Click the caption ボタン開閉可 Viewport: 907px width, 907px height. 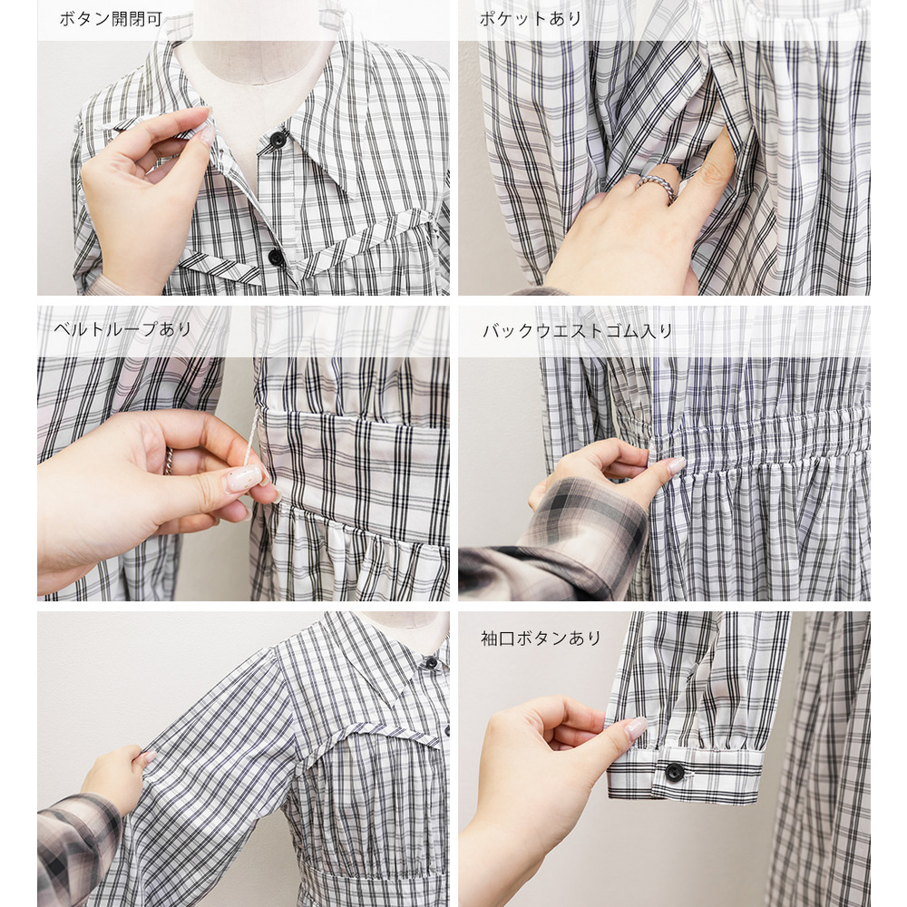tap(111, 19)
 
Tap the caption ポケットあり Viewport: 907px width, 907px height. tap(530, 19)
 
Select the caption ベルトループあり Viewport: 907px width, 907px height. tap(122, 330)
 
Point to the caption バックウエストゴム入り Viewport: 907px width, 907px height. tap(578, 331)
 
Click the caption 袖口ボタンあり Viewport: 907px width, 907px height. tap(541, 638)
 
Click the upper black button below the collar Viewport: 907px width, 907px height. tap(278, 140)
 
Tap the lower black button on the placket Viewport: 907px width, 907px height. tap(276, 258)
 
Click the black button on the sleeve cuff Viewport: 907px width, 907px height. tap(674, 772)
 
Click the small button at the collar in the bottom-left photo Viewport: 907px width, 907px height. tap(431, 662)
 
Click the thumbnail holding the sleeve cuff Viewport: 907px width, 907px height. tap(636, 728)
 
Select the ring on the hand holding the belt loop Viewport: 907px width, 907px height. tap(169, 461)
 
